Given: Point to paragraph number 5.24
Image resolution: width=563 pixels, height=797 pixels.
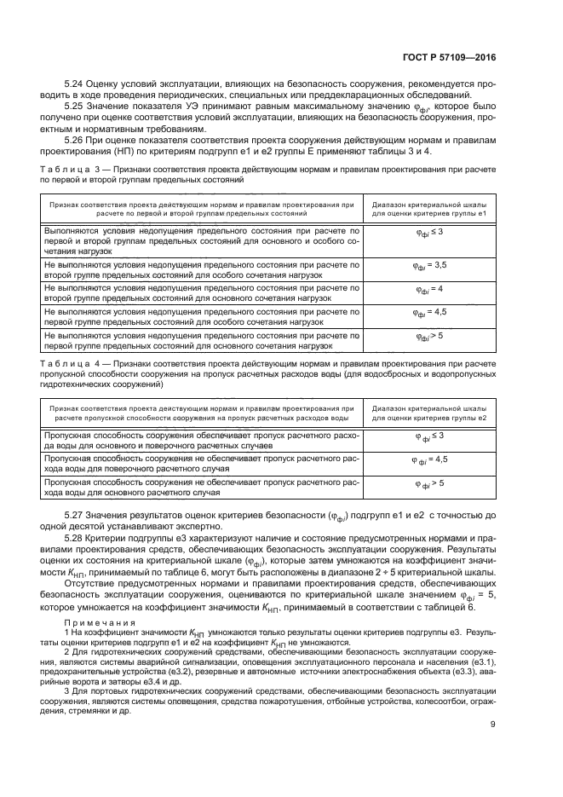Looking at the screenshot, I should click(x=75, y=84).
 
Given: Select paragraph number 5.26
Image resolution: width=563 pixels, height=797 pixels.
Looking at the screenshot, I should click(x=75, y=139).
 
